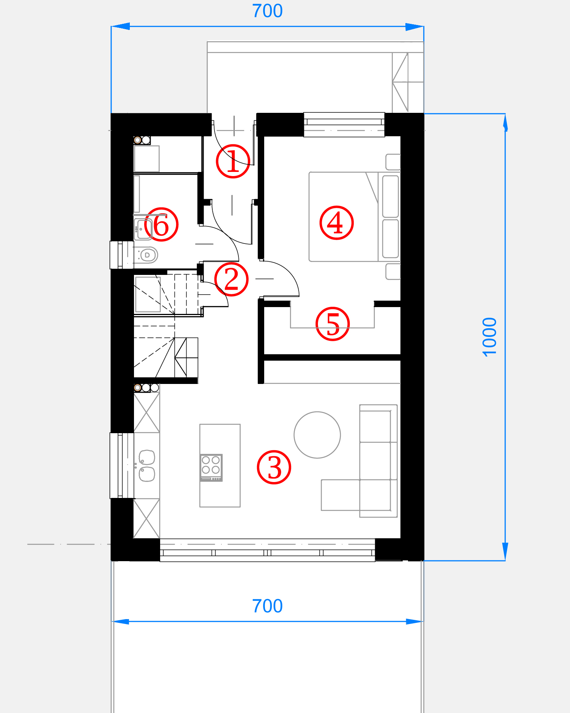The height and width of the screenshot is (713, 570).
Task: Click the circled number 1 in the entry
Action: tap(233, 161)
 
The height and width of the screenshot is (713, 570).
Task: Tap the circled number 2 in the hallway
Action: tap(231, 279)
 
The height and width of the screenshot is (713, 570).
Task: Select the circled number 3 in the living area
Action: tap(274, 467)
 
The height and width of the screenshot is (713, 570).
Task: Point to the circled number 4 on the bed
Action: tap(336, 223)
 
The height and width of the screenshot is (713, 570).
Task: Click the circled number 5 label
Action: tap(333, 324)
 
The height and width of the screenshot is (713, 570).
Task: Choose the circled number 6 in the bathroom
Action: tap(161, 224)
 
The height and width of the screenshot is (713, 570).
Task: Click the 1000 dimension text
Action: tap(489, 337)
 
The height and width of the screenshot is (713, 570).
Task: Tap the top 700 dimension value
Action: tap(267, 11)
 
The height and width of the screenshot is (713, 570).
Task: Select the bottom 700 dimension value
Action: tap(267, 606)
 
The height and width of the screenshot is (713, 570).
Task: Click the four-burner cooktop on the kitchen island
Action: tap(211, 468)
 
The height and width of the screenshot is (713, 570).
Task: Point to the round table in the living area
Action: tap(317, 435)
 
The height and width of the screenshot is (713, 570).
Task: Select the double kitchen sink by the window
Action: tap(146, 466)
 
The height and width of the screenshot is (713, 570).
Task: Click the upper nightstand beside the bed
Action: tap(393, 162)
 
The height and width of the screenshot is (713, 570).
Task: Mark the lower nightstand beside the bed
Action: tap(393, 271)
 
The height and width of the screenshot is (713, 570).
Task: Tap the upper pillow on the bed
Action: tap(391, 196)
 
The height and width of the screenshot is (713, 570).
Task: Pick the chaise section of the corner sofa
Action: tap(341, 495)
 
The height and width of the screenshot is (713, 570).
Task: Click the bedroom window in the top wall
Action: tap(344, 125)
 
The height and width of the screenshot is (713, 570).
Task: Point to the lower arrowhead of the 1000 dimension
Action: tap(505, 551)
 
